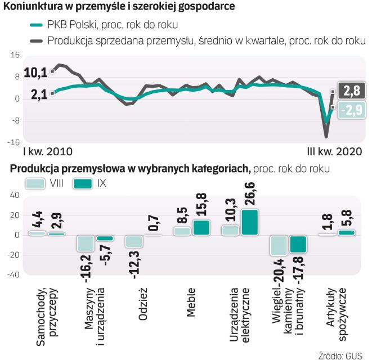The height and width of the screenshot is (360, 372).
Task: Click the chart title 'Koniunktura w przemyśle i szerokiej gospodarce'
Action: tap(119, 7)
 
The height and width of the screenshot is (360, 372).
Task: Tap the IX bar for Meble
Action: tap(201, 227)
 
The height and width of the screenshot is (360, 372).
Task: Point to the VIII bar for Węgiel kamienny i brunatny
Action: tap(279, 245)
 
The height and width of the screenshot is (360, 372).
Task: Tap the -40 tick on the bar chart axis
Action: tap(12, 274)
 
